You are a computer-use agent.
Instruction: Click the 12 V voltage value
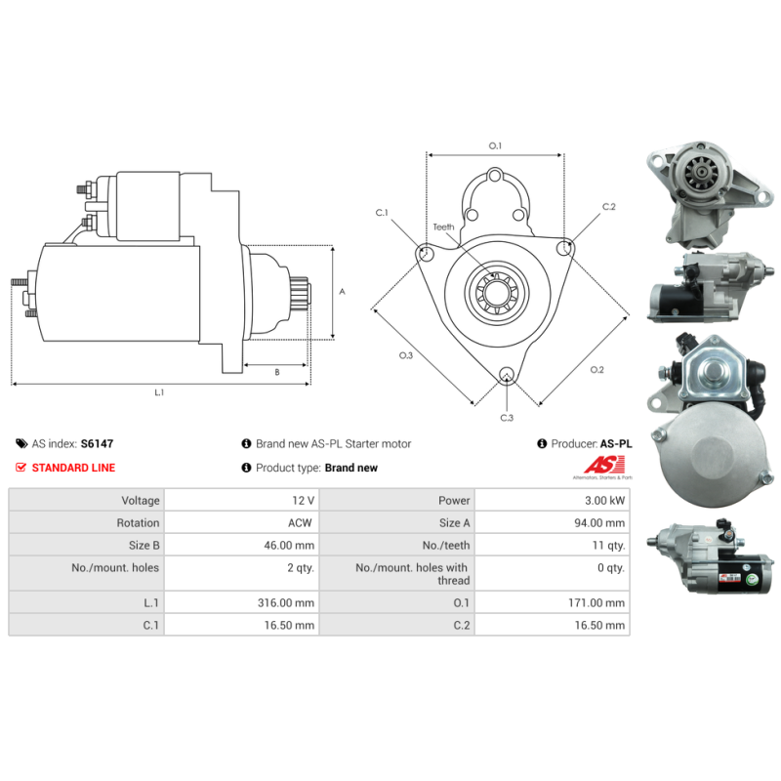[x=303, y=501]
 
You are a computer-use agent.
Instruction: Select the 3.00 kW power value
[x=604, y=501]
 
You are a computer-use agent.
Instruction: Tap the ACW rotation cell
[x=300, y=523]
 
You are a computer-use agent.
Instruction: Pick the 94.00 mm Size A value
[x=599, y=523]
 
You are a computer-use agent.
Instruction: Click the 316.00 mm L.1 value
[x=286, y=602]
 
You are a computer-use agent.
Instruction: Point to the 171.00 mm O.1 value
[x=596, y=602]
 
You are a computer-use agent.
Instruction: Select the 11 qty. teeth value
[x=608, y=546]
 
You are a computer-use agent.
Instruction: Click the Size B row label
[x=144, y=546]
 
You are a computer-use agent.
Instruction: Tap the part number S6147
[x=97, y=444]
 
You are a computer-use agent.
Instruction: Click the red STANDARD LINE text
[x=73, y=468]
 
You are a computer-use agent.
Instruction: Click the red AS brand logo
[x=604, y=465]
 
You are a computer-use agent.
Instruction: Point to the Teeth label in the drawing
[x=443, y=227]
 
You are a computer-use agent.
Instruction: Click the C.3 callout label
[x=507, y=418]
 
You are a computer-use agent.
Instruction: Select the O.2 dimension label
[x=596, y=370]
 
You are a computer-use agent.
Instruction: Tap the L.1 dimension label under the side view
[x=159, y=392]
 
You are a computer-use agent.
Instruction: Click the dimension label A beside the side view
[x=343, y=291]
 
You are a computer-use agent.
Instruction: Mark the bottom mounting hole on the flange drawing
[x=507, y=375]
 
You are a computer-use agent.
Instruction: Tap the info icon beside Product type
[x=246, y=468]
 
